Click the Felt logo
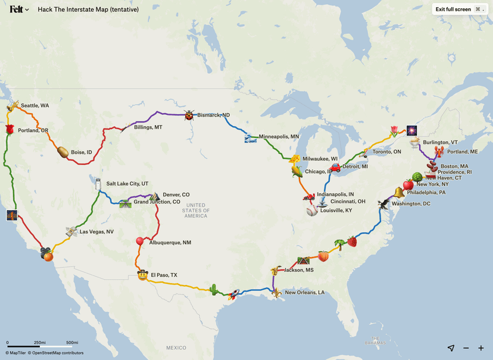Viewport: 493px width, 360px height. coord(17,10)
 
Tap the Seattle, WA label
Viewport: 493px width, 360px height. coord(35,106)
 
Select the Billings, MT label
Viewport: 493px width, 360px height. coord(148,127)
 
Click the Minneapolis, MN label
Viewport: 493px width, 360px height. coord(279,137)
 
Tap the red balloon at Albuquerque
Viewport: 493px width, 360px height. coord(140,241)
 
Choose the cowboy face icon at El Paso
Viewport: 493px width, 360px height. coord(142,276)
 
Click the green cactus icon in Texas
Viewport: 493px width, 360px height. coord(213,289)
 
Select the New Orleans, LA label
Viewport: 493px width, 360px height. coord(305,293)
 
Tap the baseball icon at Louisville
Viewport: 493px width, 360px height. coord(312,211)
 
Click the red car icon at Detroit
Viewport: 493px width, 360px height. coord(335,167)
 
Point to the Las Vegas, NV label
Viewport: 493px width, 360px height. coord(96,231)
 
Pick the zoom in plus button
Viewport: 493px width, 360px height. coord(481,348)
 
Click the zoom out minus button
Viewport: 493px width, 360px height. coord(466,348)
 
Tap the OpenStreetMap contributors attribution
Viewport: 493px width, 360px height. coord(57,353)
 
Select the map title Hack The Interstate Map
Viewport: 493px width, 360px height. coord(88,10)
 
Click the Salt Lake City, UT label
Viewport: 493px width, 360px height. coord(127,184)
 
